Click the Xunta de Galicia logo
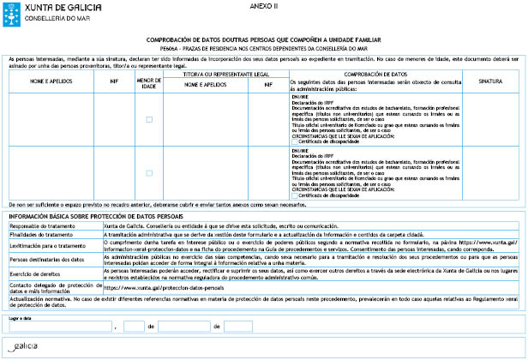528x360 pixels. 39,12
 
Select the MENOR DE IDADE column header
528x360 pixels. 149,82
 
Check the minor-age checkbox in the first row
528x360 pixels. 149,119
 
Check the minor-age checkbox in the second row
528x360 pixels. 149,172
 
